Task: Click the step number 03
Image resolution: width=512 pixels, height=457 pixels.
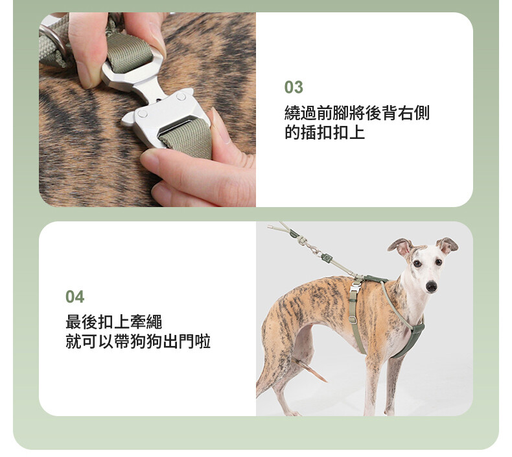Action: (294, 88)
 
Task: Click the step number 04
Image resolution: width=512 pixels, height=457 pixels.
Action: (75, 297)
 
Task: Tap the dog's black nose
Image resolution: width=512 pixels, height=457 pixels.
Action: (431, 286)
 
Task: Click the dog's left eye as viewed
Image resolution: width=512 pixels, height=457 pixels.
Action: (417, 264)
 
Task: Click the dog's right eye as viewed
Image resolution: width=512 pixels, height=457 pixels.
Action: (439, 262)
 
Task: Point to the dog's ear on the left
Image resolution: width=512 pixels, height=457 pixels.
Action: (402, 247)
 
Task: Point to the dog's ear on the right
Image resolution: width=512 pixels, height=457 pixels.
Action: (447, 245)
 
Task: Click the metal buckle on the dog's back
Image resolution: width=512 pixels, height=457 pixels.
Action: (355, 286)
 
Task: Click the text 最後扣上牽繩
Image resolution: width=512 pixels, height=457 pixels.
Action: (114, 322)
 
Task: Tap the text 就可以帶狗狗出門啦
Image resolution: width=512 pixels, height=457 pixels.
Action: (138, 341)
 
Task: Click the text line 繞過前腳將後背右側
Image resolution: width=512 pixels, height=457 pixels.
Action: (357, 113)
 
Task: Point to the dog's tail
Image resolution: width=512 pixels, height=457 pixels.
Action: (310, 369)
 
